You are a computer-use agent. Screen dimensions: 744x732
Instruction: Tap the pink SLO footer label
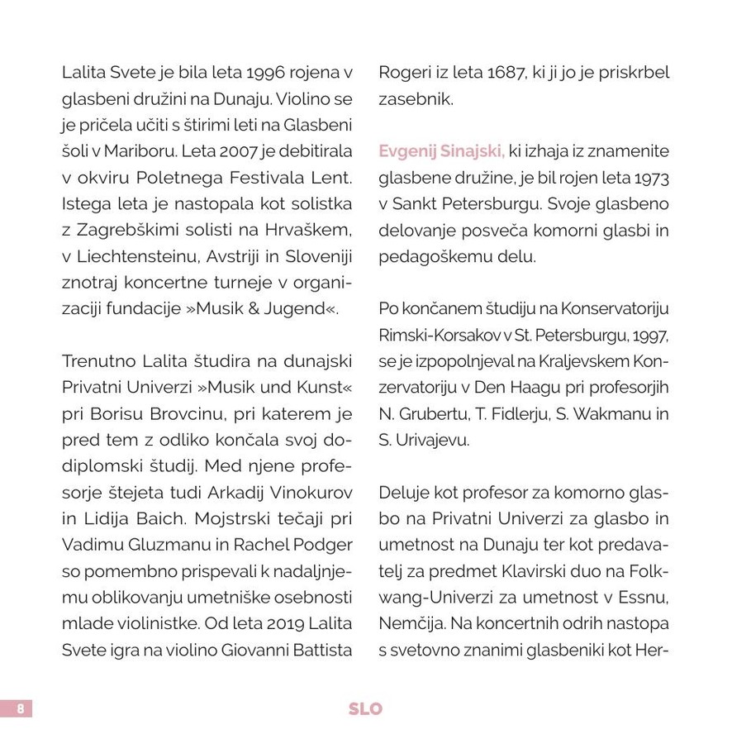pyautogui.click(x=365, y=709)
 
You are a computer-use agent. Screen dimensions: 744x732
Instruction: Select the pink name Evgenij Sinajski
pyautogui.click(x=441, y=151)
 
